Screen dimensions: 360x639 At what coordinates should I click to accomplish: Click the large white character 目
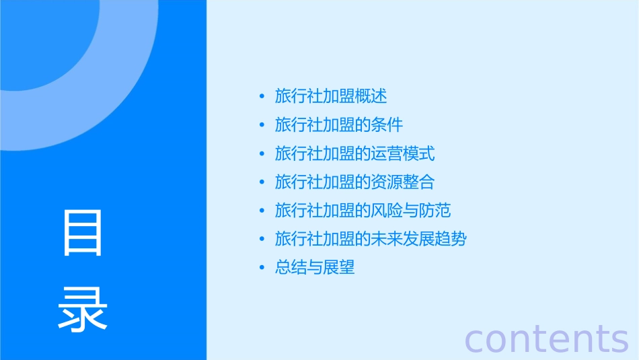pyautogui.click(x=83, y=233)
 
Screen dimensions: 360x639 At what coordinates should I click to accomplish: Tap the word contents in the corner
pyautogui.click(x=546, y=338)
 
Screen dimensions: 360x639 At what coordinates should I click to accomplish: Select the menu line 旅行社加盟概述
pyautogui.click(x=331, y=96)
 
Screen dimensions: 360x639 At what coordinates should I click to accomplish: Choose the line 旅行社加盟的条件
pyautogui.click(x=339, y=125)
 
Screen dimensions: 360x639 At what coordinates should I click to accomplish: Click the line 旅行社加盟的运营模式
pyautogui.click(x=354, y=153)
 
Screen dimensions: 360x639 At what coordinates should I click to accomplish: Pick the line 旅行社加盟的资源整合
pyautogui.click(x=354, y=182)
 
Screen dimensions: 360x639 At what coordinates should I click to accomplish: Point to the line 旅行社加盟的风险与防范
pyautogui.click(x=363, y=211)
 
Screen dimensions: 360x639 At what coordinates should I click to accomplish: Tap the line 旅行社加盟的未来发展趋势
pyautogui.click(x=371, y=239)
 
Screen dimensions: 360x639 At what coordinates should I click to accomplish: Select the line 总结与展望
pyautogui.click(x=315, y=268)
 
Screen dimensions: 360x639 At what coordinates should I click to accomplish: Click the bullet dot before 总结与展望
pyautogui.click(x=262, y=268)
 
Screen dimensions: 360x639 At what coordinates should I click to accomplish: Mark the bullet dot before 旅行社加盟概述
pyautogui.click(x=262, y=96)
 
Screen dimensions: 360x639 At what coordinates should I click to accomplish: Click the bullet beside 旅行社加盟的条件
pyautogui.click(x=262, y=125)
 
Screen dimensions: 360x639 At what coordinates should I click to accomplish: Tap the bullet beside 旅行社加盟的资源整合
pyautogui.click(x=262, y=182)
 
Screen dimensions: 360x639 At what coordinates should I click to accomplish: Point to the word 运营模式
pyautogui.click(x=403, y=153)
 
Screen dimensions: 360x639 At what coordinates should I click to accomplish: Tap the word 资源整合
pyautogui.click(x=403, y=182)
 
